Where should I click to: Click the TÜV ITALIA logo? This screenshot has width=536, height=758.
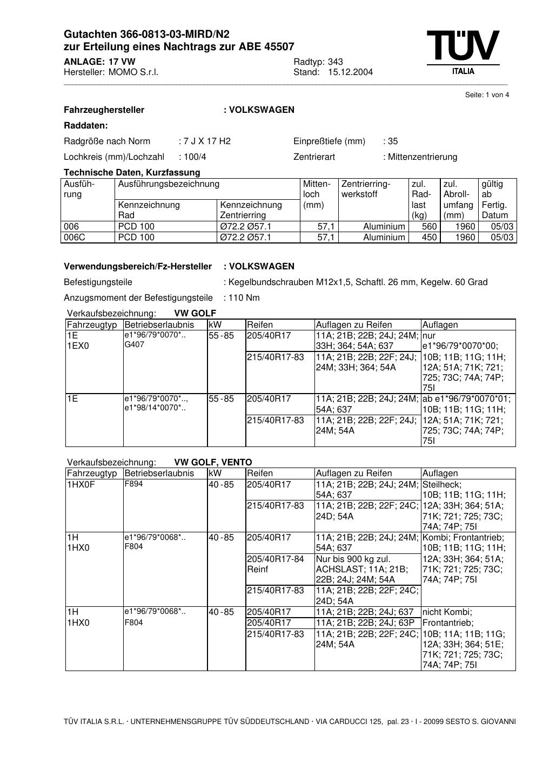tap(463, 52)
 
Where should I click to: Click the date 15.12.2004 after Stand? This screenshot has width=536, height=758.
tap(350, 72)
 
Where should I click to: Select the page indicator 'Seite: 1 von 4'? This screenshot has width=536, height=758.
tap(487, 95)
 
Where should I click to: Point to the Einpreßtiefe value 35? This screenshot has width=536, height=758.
tap(392, 141)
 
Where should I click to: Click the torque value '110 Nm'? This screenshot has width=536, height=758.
tap(244, 298)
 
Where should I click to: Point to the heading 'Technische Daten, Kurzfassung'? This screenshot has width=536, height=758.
tap(132, 173)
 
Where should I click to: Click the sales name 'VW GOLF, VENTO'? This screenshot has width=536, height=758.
tap(213, 463)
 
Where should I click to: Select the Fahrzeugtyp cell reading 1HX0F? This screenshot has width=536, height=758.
tap(81, 485)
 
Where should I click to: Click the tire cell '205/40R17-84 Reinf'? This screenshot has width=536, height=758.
tap(276, 564)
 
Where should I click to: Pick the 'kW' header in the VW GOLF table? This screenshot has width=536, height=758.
tap(215, 325)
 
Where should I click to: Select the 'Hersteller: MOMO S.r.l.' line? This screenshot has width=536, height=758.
tap(111, 72)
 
